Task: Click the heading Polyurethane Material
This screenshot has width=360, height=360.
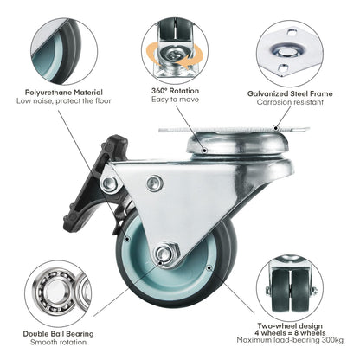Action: pyautogui.click(x=64, y=93)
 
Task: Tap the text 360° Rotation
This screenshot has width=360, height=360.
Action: pyautogui.click(x=175, y=91)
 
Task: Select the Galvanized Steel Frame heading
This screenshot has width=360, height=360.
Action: pyautogui.click(x=290, y=93)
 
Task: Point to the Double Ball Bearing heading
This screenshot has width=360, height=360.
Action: pyautogui.click(x=58, y=334)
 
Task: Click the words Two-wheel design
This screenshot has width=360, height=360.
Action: pyautogui.click(x=290, y=326)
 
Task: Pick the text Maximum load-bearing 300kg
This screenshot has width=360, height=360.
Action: pyautogui.click(x=290, y=340)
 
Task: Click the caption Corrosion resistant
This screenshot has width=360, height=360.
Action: pyautogui.click(x=290, y=102)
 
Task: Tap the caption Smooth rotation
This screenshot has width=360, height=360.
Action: pyautogui.click(x=58, y=343)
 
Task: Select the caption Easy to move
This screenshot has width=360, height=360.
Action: pyautogui.click(x=175, y=100)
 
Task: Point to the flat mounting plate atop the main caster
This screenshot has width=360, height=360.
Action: pyautogui.click(x=235, y=130)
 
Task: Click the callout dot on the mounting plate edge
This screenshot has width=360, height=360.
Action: pyautogui.click(x=276, y=127)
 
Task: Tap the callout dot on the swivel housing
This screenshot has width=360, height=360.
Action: pyautogui.click(x=204, y=150)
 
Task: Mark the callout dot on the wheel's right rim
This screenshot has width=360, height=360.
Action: pyautogui.click(x=209, y=268)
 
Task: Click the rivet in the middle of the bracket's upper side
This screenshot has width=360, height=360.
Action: pyautogui.click(x=154, y=183)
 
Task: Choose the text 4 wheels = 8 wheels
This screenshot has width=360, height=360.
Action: pyautogui.click(x=290, y=333)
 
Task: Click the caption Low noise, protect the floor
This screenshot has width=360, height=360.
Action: pyautogui.click(x=64, y=101)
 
